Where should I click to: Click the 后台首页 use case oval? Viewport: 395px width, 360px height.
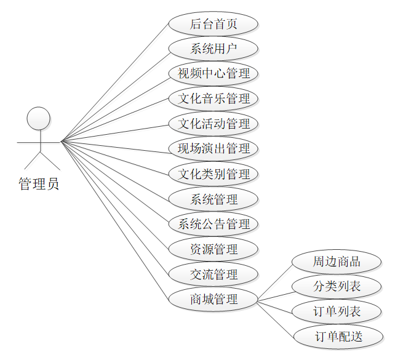tap(213, 25)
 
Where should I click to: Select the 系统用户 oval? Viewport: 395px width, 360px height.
tap(213, 49)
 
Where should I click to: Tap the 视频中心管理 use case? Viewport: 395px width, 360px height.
tap(213, 74)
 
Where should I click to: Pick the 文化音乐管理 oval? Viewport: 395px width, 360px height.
tap(213, 98)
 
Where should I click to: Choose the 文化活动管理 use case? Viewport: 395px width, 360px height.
tap(213, 124)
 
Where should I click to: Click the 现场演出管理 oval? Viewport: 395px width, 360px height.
tap(213, 149)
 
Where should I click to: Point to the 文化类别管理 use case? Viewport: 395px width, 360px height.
tap(213, 174)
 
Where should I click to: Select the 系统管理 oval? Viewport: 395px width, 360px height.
tap(213, 199)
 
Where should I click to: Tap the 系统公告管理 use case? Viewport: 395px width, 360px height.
tap(213, 225)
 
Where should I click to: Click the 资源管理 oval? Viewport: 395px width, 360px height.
tap(213, 250)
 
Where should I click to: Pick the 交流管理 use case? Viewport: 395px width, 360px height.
tap(213, 274)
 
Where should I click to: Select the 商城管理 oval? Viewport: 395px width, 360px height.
tap(213, 300)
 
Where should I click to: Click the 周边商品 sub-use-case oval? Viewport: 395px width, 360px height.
tap(337, 262)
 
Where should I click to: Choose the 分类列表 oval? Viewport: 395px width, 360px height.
tap(337, 286)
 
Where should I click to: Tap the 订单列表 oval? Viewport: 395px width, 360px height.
tap(337, 311)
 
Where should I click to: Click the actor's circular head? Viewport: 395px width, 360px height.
tap(39, 118)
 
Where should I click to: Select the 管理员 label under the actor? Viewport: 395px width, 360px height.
tap(39, 183)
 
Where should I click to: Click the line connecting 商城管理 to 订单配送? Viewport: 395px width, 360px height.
tap(275, 318)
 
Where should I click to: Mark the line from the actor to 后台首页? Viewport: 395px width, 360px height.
tap(114, 83)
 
